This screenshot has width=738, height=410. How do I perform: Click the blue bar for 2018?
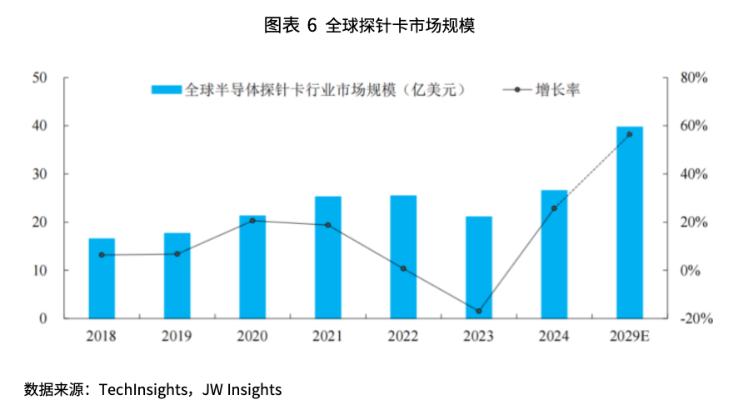pos(102,278)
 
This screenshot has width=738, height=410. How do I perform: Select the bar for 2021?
pos(327,257)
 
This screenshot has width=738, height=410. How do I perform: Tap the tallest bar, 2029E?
pos(629,222)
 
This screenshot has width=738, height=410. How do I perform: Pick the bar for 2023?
pos(478,267)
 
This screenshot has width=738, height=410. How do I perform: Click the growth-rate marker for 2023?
pos(478,311)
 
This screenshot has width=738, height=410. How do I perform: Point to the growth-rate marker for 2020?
pos(252,221)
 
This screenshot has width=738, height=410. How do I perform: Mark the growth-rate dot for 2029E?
pos(629,134)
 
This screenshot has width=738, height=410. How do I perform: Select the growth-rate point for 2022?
pos(403,268)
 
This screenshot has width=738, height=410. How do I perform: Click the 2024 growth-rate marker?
pos(554,208)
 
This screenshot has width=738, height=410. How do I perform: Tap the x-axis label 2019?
pos(177,336)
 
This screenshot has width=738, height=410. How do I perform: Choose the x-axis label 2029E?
pos(629,336)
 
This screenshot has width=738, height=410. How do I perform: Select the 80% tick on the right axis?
pos(694,77)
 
